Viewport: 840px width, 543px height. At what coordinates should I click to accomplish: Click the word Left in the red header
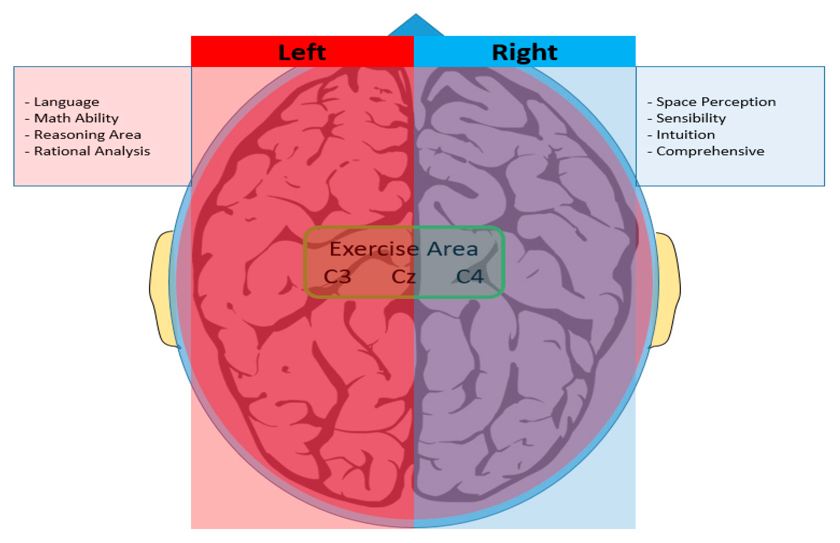[302, 52]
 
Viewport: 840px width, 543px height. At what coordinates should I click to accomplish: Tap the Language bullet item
[66, 102]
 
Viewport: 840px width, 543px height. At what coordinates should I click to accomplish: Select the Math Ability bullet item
[76, 119]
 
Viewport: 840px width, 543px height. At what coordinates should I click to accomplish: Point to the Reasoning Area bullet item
[87, 135]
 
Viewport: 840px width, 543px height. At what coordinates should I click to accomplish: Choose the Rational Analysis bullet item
[92, 151]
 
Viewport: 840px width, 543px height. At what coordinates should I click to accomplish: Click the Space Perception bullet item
[716, 102]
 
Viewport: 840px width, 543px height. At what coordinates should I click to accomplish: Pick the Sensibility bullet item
[690, 119]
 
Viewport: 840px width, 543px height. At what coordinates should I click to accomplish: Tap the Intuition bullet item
[685, 135]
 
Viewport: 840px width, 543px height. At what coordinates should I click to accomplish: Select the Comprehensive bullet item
[710, 151]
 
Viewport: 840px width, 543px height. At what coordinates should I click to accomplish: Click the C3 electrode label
[337, 277]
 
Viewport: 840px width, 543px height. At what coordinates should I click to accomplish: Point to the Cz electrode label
[403, 277]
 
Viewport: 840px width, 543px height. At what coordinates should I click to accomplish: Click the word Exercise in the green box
[374, 249]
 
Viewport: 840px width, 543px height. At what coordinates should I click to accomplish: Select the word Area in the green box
[452, 249]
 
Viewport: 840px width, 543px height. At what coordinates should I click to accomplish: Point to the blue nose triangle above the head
[416, 27]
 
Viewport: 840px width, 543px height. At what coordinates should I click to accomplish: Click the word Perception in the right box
[738, 102]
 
